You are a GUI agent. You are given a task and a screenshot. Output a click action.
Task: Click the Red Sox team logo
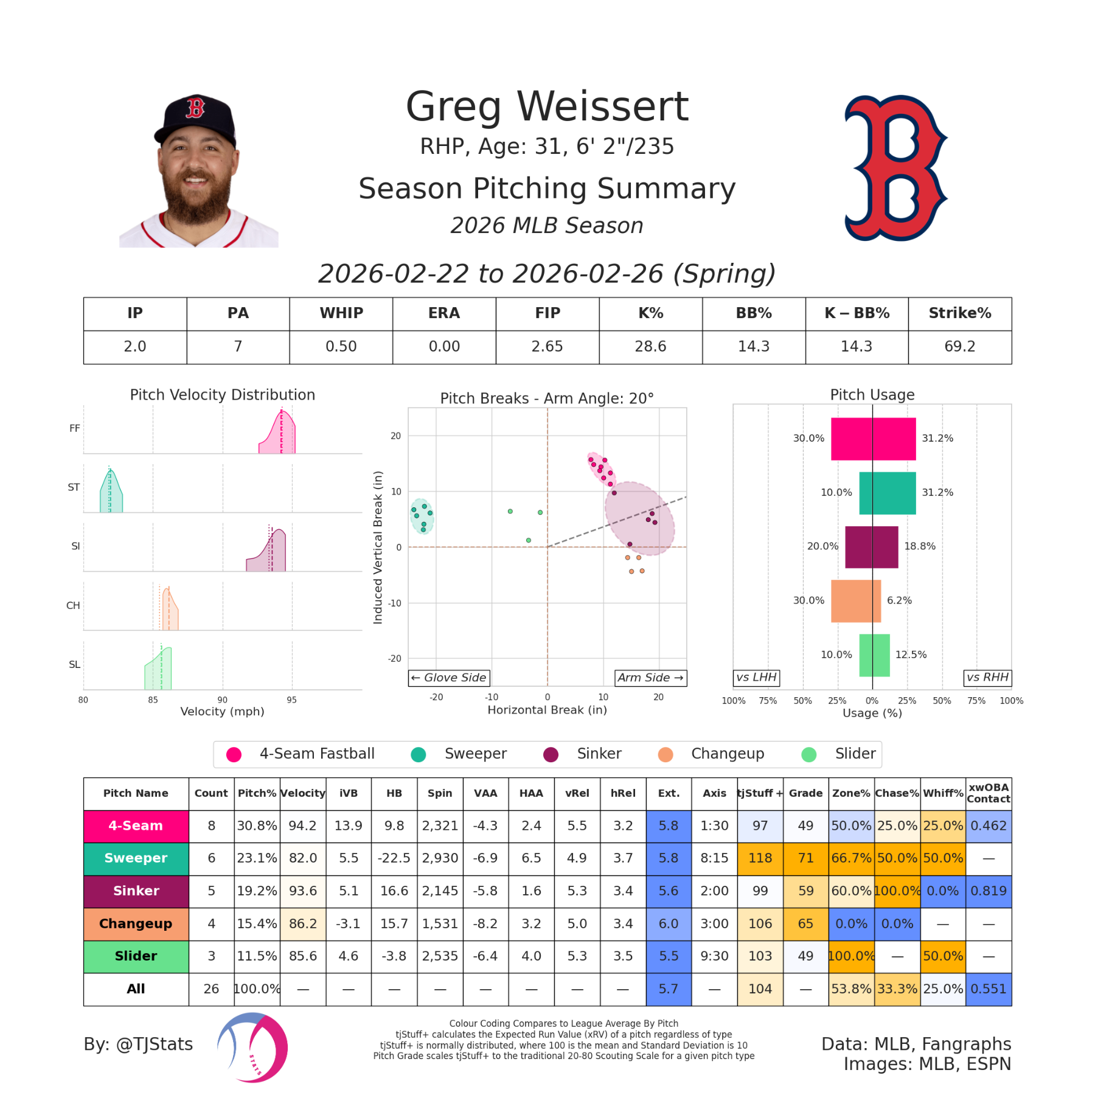coord(894,168)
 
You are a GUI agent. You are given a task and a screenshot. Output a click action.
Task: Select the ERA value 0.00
coord(444,347)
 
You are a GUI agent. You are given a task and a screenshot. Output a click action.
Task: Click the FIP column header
coord(547,313)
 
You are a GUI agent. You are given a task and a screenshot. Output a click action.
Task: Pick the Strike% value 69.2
coord(959,347)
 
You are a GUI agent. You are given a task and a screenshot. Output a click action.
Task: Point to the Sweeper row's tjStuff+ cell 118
coord(760,858)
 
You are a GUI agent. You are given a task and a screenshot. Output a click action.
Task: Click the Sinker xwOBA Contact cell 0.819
coord(988,891)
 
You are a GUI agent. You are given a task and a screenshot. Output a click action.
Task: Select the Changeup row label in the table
coord(136,923)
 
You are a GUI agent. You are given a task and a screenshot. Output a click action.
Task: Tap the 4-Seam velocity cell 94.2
coord(302,826)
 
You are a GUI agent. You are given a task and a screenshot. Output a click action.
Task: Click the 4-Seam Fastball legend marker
coord(234,754)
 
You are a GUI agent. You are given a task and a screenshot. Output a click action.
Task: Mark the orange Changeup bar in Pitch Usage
coord(855,601)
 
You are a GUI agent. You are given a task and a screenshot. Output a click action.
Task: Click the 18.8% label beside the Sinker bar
coord(919,546)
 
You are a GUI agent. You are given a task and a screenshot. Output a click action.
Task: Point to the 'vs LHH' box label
coord(756,678)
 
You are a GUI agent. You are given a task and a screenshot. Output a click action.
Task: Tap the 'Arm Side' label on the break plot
coord(650,678)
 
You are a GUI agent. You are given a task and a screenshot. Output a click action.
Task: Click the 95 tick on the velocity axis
coord(292,700)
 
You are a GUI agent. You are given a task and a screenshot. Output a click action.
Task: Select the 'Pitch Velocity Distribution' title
coord(223,395)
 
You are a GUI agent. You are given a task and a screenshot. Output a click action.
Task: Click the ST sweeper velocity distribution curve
coord(111,492)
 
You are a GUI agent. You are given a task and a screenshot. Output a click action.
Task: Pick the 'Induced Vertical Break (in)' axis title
coord(378,547)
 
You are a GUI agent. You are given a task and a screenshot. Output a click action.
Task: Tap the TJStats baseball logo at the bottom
coord(252,1047)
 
